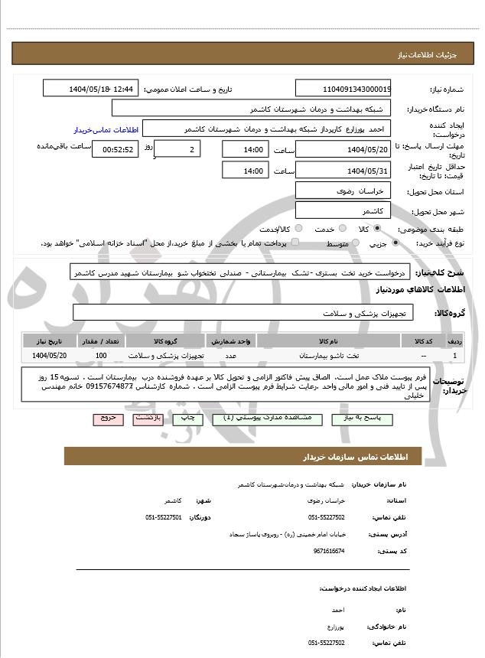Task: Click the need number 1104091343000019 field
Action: tap(343, 89)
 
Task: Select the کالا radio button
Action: tap(377, 229)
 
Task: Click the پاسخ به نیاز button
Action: tap(379, 419)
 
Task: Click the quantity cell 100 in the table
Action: tap(101, 356)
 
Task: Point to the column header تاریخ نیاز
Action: tap(50, 340)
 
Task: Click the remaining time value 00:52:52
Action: tap(113, 149)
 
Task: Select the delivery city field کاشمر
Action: tap(343, 210)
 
